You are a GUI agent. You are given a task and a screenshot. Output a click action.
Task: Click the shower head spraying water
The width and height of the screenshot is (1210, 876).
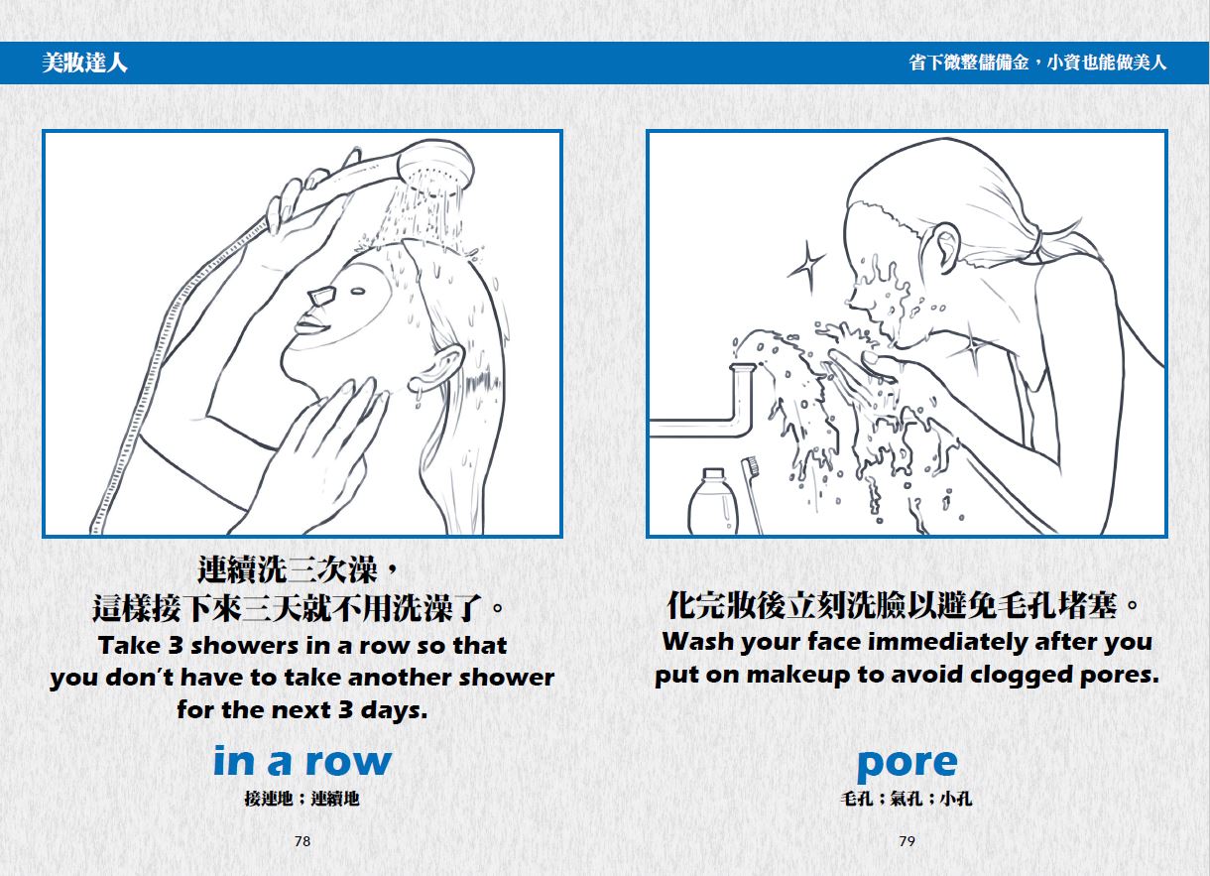pos(435,164)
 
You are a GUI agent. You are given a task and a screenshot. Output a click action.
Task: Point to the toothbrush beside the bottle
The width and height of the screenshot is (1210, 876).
pos(751,494)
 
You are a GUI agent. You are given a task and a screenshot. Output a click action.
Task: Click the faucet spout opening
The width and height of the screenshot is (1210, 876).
pos(742,368)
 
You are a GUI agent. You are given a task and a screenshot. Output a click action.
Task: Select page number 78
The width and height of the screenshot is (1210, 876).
pos(302,841)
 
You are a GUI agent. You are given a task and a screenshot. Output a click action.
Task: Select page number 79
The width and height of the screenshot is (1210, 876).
pos(907,841)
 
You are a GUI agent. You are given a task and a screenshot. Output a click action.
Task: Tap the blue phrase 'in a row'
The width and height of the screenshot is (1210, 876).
pos(302,761)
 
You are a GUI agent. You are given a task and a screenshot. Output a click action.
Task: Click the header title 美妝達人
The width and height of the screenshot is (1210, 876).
pos(85,63)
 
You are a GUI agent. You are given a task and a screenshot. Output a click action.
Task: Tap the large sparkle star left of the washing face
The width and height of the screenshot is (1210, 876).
pos(806,268)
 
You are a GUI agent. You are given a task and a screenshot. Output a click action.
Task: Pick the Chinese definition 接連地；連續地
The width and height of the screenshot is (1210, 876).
pos(302,799)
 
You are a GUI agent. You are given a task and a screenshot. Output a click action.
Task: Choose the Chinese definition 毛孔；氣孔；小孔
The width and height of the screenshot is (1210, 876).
pos(907,799)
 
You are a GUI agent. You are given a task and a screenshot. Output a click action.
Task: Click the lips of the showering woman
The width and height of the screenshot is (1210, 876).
pos(311,325)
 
